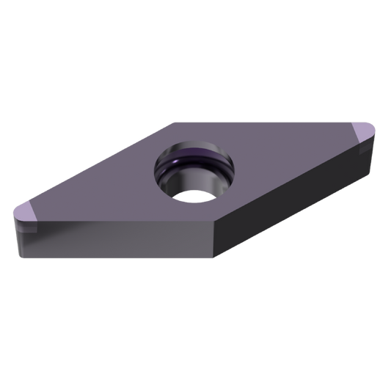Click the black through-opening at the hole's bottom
192,196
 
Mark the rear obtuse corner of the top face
173,122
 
